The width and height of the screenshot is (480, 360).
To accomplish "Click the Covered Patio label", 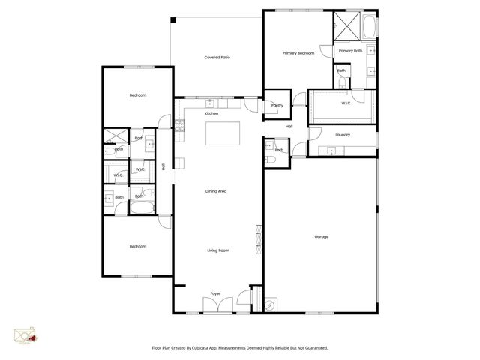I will (217, 58).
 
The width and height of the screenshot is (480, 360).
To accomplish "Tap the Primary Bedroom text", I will (298, 53).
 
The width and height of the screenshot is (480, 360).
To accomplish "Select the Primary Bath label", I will (351, 50).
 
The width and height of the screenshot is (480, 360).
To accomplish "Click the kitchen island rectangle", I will (223, 134).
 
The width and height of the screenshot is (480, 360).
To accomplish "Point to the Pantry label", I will (276, 106).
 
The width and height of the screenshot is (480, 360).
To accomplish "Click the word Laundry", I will (343, 135).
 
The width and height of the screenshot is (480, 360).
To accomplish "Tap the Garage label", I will (321, 236).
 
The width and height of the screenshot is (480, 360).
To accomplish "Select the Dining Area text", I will (216, 191).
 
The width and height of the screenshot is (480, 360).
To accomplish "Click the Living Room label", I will (217, 250).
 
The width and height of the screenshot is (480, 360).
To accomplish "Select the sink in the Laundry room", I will (330, 151).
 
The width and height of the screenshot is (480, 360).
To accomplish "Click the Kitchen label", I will (211, 113).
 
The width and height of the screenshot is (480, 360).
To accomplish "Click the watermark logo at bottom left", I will (25, 337).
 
